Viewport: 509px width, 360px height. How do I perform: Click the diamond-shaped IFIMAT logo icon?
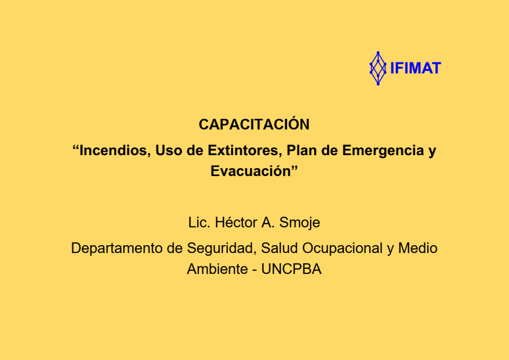378,68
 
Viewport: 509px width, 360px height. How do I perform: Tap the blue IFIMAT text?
416,68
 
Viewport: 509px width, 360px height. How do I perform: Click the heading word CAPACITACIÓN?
254,124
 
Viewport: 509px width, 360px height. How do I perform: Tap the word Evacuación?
251,171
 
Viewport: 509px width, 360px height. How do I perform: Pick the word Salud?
279,248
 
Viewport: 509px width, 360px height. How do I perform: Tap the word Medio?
418,248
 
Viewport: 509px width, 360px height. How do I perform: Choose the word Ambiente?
217,269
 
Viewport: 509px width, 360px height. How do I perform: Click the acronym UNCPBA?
291,269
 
